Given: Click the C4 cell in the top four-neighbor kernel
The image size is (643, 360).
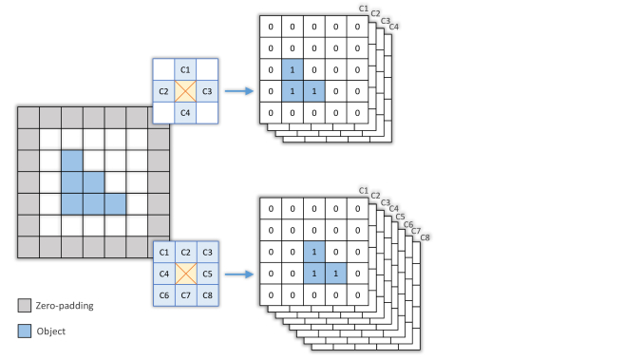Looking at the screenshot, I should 185,112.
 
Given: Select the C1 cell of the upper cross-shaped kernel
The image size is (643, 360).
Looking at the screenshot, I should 185,70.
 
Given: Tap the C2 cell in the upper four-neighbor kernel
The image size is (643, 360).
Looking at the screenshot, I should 163,91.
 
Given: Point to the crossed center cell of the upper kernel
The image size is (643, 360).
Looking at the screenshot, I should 185,91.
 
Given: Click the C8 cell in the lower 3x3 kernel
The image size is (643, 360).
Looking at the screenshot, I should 208,294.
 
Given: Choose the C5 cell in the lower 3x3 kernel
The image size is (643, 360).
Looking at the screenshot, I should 208,274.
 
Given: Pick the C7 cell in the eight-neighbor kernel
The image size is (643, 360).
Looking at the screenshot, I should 186,294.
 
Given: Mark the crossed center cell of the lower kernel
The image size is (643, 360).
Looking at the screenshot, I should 186,274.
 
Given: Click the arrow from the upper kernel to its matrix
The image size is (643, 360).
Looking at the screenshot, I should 240,91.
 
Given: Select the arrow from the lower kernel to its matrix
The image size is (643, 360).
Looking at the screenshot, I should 240,274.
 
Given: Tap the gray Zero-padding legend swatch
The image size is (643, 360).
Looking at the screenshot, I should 24,306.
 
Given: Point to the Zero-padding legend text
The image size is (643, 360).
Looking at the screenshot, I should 65,306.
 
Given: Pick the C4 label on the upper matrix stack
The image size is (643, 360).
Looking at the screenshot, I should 393,27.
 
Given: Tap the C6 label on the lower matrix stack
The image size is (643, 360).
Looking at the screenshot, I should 409,222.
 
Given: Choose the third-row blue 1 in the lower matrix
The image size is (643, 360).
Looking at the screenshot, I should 314,252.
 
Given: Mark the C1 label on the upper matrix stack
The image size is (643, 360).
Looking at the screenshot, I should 363,9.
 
